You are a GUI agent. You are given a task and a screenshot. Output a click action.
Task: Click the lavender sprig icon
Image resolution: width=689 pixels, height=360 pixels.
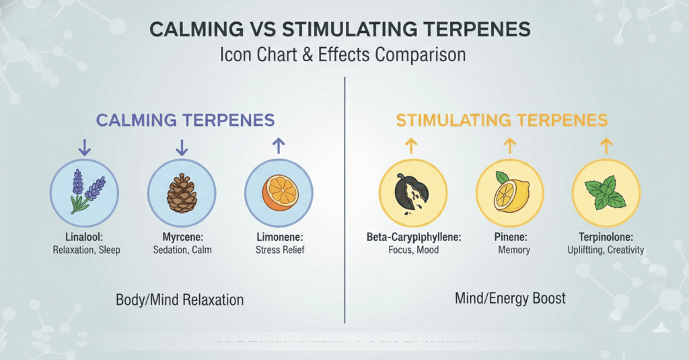(x=87, y=192)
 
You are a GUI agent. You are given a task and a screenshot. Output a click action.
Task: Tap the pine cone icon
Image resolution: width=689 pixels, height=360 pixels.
(x=182, y=193)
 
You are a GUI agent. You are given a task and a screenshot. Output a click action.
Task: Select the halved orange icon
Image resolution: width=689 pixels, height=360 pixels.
(x=280, y=193)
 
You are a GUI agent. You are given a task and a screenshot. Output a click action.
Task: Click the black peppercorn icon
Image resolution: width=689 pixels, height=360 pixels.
(x=412, y=193)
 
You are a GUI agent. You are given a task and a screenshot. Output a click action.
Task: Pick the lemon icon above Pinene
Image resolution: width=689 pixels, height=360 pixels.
(x=511, y=192)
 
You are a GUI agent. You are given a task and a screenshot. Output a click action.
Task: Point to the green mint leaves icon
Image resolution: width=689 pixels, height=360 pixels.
(x=606, y=192)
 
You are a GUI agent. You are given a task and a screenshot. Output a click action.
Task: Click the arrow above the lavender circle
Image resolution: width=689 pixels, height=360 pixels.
(x=84, y=147)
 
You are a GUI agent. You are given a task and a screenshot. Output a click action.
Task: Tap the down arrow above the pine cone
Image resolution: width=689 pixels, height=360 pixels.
(x=182, y=147)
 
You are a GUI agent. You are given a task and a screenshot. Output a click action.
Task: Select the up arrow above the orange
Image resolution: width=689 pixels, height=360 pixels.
(x=279, y=146)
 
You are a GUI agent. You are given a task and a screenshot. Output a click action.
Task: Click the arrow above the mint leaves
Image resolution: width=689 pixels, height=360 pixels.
(x=606, y=146)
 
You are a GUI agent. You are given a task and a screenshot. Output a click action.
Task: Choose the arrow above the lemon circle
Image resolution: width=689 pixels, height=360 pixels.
(x=510, y=146)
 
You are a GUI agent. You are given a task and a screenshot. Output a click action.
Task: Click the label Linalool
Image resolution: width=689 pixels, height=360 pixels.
(x=84, y=237)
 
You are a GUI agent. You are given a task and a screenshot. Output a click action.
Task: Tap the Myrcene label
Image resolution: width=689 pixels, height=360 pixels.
(x=183, y=237)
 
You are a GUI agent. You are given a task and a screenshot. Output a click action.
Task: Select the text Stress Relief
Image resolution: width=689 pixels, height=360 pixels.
(x=280, y=250)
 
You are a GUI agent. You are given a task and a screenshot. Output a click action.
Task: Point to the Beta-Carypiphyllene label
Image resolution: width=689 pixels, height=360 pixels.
(x=414, y=238)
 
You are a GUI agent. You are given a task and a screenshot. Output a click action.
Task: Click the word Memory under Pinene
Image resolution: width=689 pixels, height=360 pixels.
(x=513, y=250)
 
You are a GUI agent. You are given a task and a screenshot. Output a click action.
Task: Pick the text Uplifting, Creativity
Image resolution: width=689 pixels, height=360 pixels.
(x=606, y=250)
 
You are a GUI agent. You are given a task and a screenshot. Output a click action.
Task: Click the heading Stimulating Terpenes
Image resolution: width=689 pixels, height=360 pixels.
(x=502, y=120)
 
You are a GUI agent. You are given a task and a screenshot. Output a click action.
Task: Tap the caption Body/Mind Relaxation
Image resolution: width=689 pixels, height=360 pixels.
(x=180, y=300)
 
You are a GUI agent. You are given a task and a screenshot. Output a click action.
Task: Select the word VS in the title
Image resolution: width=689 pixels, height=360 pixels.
(x=263, y=30)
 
